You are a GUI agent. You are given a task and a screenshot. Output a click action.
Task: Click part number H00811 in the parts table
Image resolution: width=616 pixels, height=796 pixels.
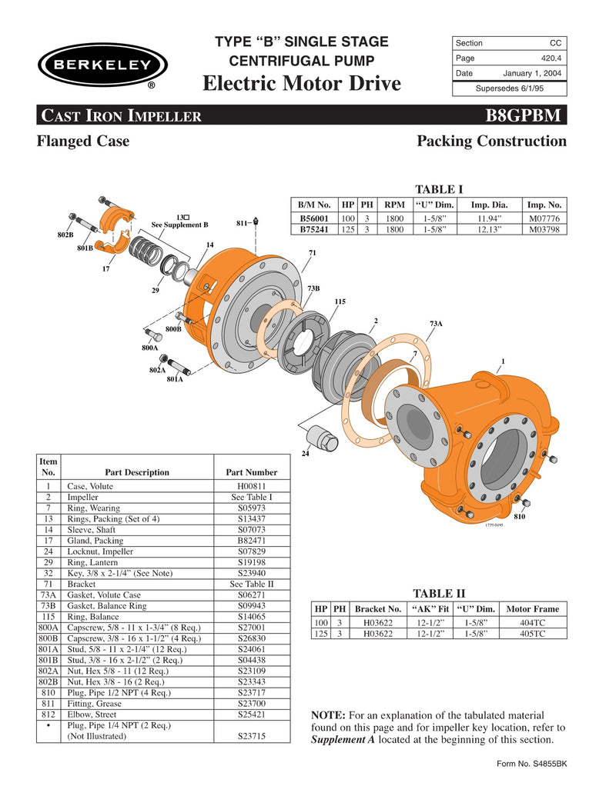tap(252, 487)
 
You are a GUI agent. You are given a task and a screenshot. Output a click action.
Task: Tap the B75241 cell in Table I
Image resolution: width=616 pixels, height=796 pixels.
tap(315, 228)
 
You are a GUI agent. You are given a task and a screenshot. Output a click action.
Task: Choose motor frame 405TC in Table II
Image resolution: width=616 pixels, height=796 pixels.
tap(532, 634)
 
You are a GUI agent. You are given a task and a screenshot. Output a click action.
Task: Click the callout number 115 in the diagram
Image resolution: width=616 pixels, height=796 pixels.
tap(339, 301)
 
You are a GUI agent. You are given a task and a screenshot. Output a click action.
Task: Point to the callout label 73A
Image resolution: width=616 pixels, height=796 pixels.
tap(436, 324)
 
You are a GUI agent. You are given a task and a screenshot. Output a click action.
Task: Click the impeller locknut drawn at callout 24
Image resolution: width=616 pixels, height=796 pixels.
tap(320, 440)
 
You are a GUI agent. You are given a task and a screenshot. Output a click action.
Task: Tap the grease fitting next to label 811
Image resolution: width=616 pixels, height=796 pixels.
tap(256, 222)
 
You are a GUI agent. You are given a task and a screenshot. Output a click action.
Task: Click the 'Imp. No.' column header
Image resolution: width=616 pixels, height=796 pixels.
tap(544, 205)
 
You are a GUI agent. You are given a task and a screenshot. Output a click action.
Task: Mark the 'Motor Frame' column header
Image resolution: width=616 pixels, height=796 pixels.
tap(532, 608)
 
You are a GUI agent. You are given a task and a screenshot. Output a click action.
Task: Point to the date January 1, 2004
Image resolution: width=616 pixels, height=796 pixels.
tap(532, 74)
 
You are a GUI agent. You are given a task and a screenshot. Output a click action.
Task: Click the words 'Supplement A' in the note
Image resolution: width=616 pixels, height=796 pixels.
tap(343, 740)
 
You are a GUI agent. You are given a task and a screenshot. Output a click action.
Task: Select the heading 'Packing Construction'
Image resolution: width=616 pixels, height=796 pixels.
tap(491, 142)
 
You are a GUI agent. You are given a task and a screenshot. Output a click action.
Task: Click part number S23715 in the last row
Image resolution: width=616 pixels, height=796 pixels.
tap(252, 735)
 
